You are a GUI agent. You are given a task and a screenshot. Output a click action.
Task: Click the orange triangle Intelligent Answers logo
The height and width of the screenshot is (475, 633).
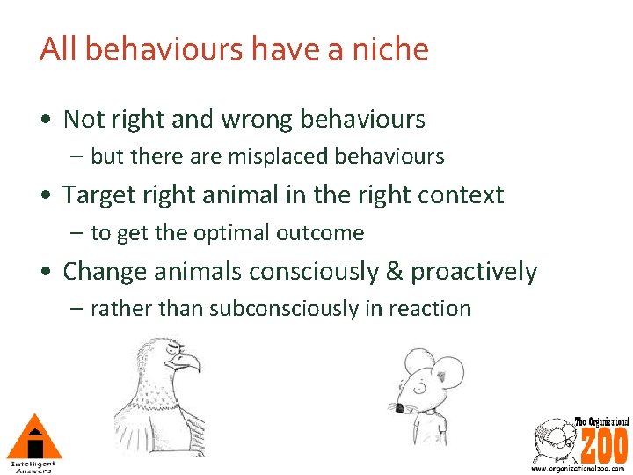(x=33, y=437)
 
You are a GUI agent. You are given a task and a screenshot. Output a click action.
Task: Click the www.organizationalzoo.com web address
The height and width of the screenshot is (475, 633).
(x=579, y=468)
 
